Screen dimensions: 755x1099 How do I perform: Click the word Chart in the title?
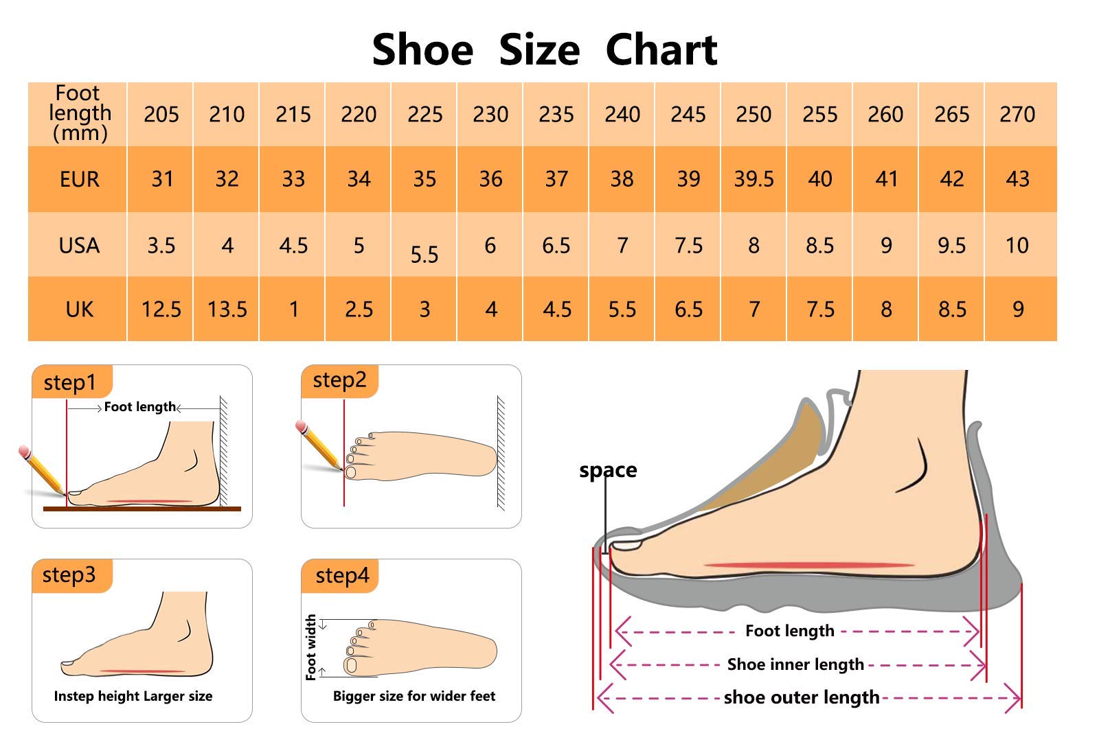[x=661, y=50]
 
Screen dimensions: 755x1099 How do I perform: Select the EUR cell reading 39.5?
[x=754, y=179]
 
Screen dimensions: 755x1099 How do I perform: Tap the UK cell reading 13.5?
[x=227, y=310]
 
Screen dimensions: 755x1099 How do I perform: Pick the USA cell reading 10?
[x=1017, y=245]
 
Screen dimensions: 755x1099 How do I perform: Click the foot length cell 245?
[x=688, y=114]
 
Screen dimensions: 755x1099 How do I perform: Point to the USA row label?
[x=79, y=245]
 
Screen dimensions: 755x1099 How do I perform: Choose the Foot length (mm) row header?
[x=79, y=113]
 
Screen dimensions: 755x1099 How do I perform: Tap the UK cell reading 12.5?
[x=161, y=310]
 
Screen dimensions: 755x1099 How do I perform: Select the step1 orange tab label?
[x=70, y=382]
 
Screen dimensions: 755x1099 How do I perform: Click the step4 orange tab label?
[x=341, y=575]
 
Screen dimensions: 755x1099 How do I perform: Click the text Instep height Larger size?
[x=133, y=696]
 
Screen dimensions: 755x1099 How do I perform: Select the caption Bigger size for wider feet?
[x=413, y=696]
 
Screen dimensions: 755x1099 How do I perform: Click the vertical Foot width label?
[x=310, y=647]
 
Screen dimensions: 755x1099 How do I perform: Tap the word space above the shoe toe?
[x=607, y=470]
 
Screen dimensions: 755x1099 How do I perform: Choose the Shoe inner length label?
[x=795, y=664]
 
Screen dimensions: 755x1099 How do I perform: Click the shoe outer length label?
[x=801, y=697]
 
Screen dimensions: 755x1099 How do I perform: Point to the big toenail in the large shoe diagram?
[x=626, y=545]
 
